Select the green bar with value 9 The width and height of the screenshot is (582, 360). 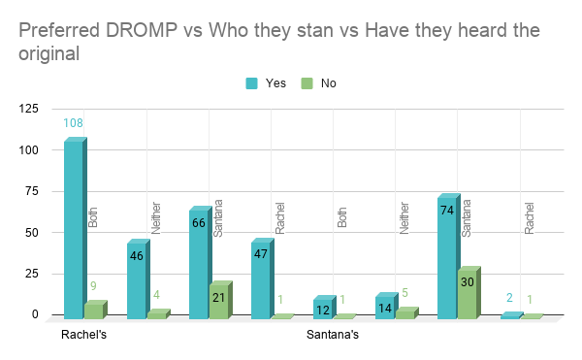tap(93, 311)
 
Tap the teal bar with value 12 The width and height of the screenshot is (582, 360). tap(322, 309)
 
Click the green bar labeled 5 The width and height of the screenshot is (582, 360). tap(405, 313)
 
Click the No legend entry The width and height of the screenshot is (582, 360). tap(320, 83)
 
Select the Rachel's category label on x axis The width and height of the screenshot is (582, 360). tap(82, 337)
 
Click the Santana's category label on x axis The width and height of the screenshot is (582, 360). tap(331, 337)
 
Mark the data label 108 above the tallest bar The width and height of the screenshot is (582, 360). tap(73, 123)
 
